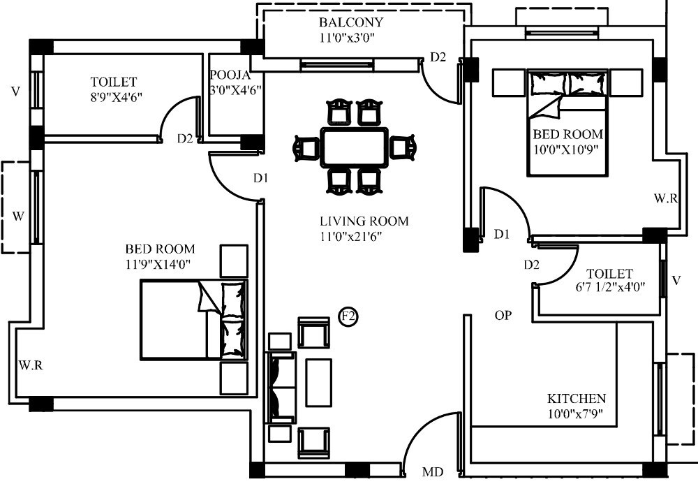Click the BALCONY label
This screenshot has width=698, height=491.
tap(351, 22)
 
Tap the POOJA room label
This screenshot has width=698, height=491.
tap(230, 75)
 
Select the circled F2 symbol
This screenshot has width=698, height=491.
tap(348, 317)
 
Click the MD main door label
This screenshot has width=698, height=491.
tap(433, 472)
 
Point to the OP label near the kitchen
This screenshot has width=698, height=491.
tap(503, 315)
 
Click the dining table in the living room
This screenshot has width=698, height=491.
tap(355, 147)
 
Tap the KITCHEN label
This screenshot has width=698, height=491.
tap(577, 398)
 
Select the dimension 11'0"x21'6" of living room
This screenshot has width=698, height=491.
tap(351, 237)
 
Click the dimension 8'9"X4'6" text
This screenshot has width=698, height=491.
tap(117, 97)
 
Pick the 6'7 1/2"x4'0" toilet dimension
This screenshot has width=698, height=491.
tap(610, 286)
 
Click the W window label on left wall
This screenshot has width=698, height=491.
tap(18, 217)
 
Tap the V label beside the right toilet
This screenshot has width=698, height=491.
tap(676, 280)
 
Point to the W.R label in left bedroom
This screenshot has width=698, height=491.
tap(31, 365)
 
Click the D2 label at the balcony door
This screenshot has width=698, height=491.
tap(438, 57)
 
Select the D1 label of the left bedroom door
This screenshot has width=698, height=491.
tap(261, 178)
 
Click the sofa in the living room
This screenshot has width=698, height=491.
tap(281, 387)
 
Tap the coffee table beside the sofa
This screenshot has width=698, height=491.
tap(318, 383)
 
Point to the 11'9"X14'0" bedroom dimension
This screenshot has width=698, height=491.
tap(158, 264)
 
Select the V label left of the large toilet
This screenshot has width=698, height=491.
tap(15, 91)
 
